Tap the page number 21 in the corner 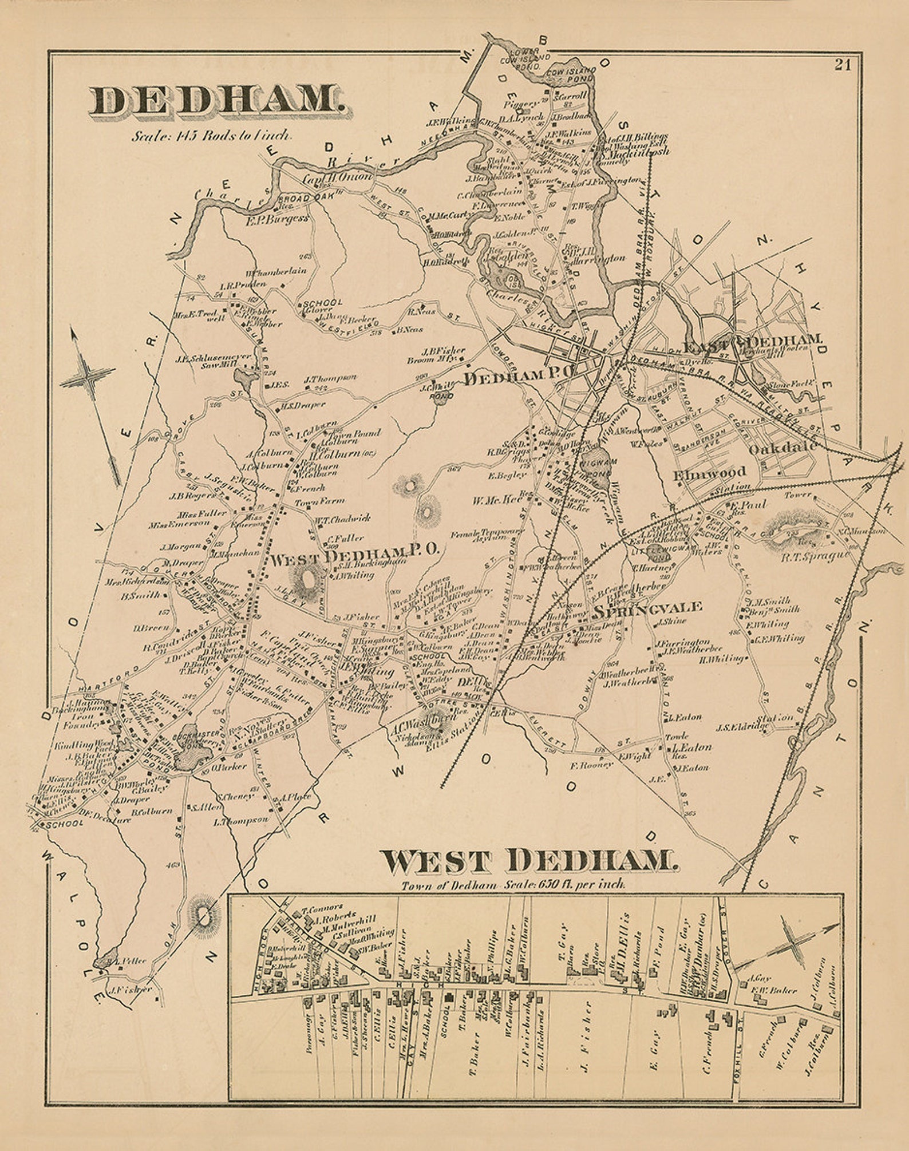(x=842, y=65)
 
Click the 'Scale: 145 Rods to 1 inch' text (x=212, y=137)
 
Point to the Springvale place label (x=647, y=610)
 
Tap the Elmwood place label (x=710, y=472)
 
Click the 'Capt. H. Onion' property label (x=337, y=178)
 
